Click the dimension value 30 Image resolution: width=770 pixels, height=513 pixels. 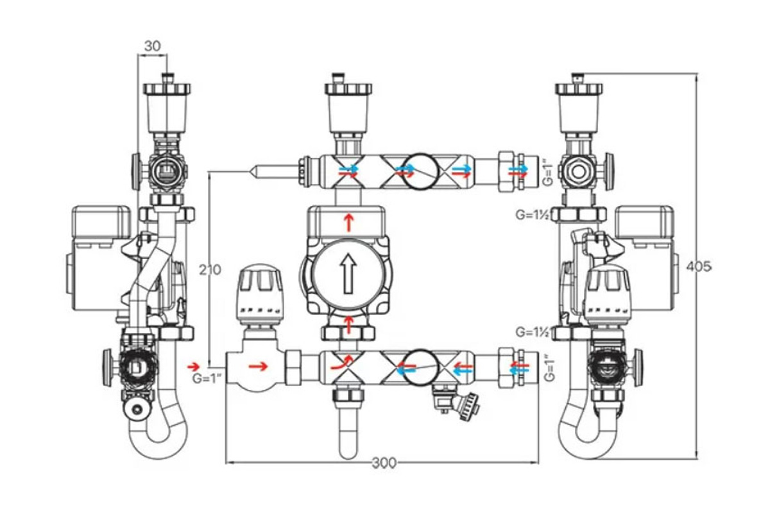pyautogui.click(x=152, y=46)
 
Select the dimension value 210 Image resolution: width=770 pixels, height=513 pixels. pyautogui.click(x=210, y=270)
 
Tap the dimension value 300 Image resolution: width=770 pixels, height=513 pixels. pyautogui.click(x=384, y=464)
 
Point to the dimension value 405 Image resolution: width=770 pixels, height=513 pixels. pyautogui.click(x=699, y=267)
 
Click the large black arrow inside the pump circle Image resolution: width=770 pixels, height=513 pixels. pyautogui.click(x=348, y=274)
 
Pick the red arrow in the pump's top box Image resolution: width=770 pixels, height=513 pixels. pyautogui.click(x=348, y=223)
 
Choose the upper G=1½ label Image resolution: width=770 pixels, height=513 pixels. pyautogui.click(x=533, y=215)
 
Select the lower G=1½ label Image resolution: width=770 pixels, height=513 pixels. pyautogui.click(x=533, y=332)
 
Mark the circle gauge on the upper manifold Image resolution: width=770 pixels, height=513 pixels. pyautogui.click(x=420, y=171)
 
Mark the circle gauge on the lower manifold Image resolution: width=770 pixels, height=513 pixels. pyautogui.click(x=420, y=367)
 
